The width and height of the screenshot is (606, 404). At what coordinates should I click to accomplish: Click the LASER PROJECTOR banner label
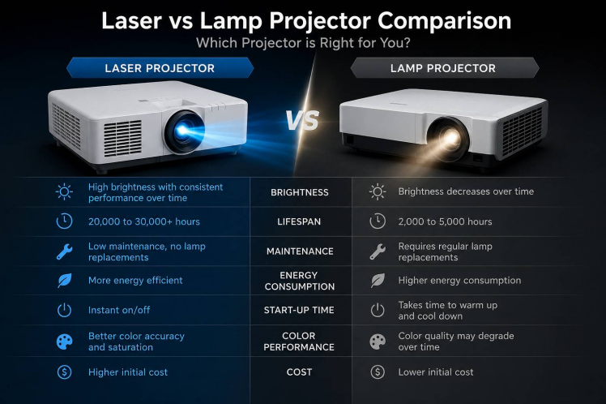(160, 68)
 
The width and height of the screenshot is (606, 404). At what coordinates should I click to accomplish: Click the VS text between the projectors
(302, 120)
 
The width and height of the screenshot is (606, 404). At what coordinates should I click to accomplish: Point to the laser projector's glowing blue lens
(184, 131)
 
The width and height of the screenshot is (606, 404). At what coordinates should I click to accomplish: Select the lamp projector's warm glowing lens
(448, 139)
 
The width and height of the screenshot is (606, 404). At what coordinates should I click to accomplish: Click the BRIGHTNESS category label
(300, 192)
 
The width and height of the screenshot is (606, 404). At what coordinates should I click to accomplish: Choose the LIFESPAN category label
(299, 221)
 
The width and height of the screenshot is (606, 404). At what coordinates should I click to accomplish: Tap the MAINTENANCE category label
(300, 251)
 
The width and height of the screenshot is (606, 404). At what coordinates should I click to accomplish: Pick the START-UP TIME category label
(299, 310)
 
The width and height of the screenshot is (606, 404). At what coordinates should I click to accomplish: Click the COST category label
(299, 372)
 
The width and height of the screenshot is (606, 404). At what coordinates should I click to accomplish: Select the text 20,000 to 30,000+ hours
(144, 221)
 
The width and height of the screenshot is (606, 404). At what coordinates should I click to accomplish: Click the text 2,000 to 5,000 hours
(446, 221)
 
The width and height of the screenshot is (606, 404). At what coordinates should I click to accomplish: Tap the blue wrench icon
(64, 251)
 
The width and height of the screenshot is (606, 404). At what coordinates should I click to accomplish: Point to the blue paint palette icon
(64, 342)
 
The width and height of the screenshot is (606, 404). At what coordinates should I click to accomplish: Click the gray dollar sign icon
(378, 372)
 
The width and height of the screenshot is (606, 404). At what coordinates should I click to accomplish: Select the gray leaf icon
(378, 281)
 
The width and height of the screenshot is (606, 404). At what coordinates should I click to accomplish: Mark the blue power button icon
(64, 310)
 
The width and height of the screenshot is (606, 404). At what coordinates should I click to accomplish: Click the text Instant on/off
(119, 310)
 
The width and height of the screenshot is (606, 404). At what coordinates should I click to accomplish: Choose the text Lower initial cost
(436, 372)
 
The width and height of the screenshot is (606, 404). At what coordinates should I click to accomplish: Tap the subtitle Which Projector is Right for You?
(303, 42)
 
